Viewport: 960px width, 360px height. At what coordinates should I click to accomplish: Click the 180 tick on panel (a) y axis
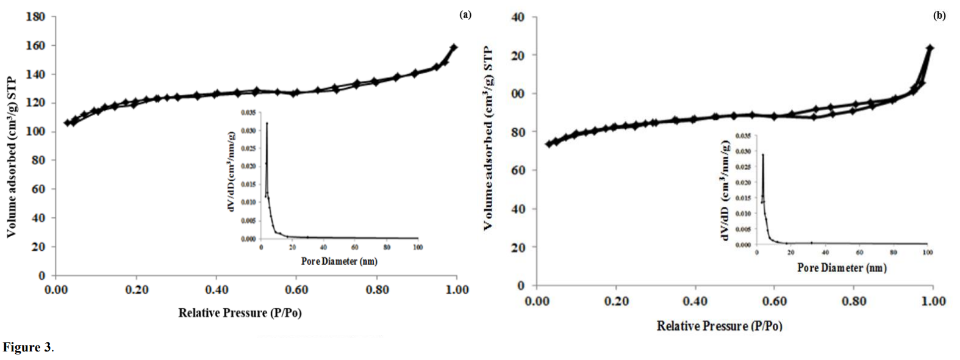tap(35, 16)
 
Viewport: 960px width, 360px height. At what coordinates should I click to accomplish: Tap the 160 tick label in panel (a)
tap(35, 46)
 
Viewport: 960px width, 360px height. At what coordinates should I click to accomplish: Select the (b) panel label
tap(939, 16)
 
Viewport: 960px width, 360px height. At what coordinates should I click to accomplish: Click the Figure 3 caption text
tap(27, 348)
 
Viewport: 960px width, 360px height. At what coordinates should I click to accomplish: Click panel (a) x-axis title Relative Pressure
tap(240, 313)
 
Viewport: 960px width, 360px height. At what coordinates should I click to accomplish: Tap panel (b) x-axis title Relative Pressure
tap(719, 326)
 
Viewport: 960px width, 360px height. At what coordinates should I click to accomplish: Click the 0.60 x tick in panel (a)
tap(296, 290)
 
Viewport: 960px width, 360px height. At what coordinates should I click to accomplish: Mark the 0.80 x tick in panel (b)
tap(854, 301)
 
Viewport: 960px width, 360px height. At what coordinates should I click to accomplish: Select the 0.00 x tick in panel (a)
tap(56, 290)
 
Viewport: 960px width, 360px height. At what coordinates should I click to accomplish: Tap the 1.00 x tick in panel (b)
tap(933, 301)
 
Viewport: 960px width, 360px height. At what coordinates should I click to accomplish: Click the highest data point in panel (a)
tap(454, 47)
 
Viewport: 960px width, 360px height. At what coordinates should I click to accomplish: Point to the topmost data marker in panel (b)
tap(930, 48)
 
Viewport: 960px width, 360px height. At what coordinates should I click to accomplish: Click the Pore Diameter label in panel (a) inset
tap(339, 262)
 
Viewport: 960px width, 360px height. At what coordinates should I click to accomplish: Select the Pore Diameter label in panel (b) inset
tap(842, 268)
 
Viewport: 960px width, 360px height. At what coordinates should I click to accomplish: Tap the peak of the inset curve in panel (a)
tap(267, 124)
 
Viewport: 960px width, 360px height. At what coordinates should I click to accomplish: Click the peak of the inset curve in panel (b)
tap(762, 154)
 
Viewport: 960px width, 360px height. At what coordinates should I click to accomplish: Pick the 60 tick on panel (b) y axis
tap(518, 170)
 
